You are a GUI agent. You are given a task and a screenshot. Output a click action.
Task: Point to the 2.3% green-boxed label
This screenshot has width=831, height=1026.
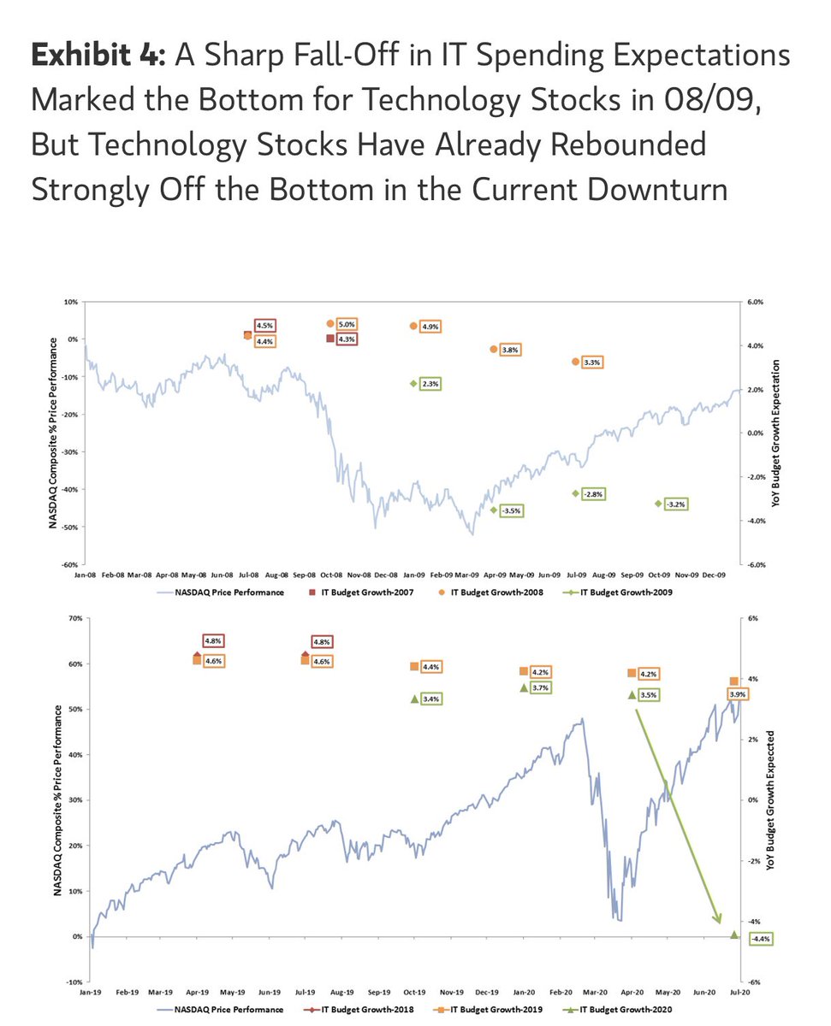(430, 384)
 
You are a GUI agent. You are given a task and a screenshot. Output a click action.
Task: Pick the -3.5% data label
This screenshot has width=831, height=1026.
(511, 510)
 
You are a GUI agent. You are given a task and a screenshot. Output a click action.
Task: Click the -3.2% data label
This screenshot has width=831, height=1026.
(675, 504)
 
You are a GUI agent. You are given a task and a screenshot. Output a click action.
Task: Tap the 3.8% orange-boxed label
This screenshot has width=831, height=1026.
(511, 350)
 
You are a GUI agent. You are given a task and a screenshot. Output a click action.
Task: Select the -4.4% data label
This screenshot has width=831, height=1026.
(760, 939)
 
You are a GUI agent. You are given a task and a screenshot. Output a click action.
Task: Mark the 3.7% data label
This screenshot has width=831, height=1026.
(540, 687)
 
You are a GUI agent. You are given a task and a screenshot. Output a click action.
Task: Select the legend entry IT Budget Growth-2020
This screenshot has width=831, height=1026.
(631, 1010)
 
